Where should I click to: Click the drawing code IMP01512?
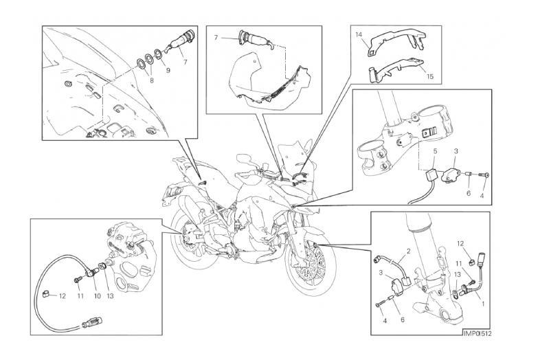pos(478,334)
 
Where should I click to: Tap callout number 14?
pos(359,34)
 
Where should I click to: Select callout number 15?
pos(430,76)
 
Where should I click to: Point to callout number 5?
pos(435,151)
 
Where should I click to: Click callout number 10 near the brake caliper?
pos(98,296)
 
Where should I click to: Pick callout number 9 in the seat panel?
pos(168,70)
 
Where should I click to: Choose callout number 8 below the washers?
pos(152,80)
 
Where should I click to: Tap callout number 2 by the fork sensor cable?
pos(408,251)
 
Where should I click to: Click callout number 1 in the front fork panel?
pos(483,304)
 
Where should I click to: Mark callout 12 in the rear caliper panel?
pos(62,296)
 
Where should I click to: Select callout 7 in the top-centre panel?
pos(216,38)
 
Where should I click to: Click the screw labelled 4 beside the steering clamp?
pos(486,176)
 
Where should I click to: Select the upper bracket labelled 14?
pos(394,41)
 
